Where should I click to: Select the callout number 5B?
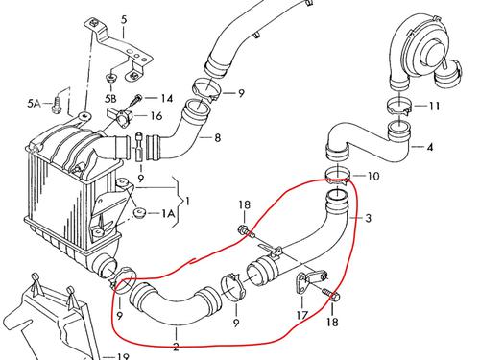pyautogui.click(x=111, y=98)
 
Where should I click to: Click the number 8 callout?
pyautogui.click(x=217, y=138)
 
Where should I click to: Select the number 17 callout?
pyautogui.click(x=300, y=315)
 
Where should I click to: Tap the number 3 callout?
pyautogui.click(x=368, y=218)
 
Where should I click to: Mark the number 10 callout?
pyautogui.click(x=373, y=176)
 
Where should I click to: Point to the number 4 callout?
pyautogui.click(x=429, y=147)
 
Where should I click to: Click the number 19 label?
pyautogui.click(x=122, y=356)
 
